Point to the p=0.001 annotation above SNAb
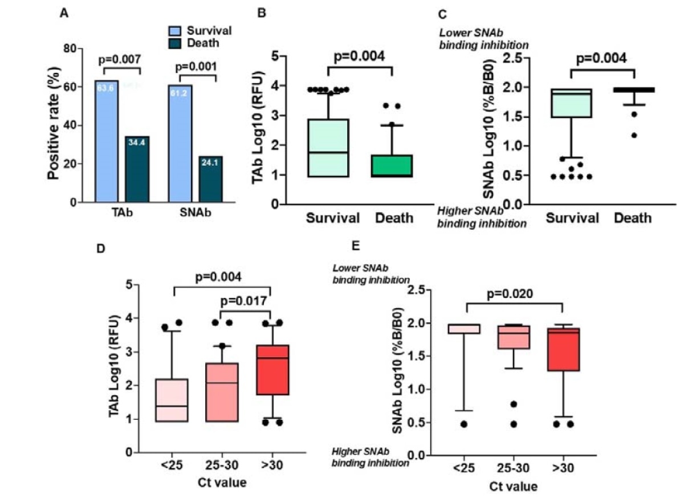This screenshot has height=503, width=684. pos(195,67)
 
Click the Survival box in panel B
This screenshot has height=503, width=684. pos(328,148)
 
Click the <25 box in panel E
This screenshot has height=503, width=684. pos(466,329)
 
